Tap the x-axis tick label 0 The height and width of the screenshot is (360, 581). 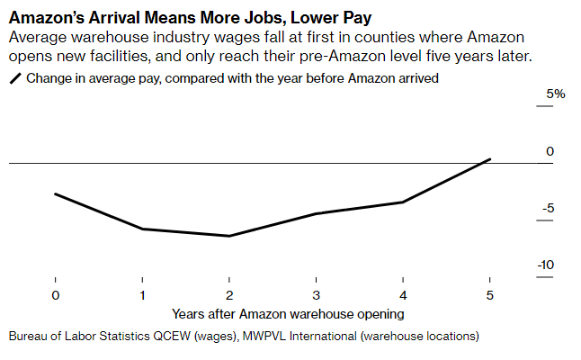55,295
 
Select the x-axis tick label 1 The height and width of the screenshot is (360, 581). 142,295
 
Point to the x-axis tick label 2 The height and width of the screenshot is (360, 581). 229,295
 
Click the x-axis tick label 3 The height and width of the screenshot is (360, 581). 316,295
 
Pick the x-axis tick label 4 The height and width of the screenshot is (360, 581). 403,295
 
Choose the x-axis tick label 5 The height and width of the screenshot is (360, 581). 489,295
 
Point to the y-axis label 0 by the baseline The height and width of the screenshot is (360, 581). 550,151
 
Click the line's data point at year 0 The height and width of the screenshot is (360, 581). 55,193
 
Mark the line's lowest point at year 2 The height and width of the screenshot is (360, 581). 229,236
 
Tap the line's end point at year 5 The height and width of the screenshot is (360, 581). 489,159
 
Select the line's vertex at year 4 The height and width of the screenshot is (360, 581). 403,202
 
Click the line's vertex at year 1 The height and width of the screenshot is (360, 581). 142,229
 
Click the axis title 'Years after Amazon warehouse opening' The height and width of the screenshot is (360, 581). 288,314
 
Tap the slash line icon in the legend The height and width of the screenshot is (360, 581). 15,79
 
